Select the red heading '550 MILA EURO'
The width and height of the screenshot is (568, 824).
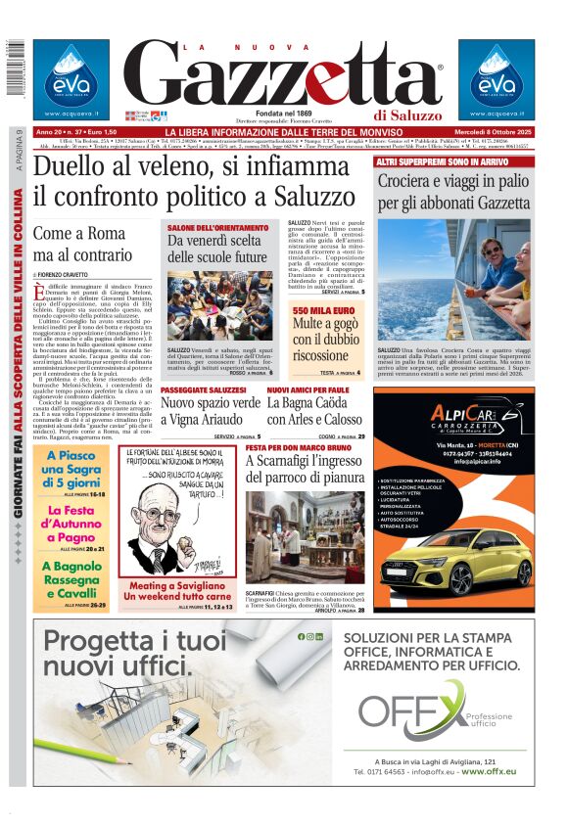321,310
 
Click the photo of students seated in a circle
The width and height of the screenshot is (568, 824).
219,305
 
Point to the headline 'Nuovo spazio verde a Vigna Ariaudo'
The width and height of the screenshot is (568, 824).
211,410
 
